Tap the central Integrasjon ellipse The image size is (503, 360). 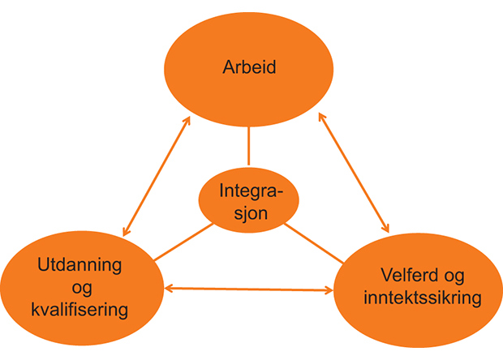coord(248,204)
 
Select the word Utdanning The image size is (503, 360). coord(80,265)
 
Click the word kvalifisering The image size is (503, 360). coord(80,310)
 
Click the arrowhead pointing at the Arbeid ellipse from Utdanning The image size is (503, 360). coord(187,121)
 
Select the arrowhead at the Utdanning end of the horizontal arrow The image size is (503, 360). coord(169,287)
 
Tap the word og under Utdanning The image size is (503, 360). coord(80,288)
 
